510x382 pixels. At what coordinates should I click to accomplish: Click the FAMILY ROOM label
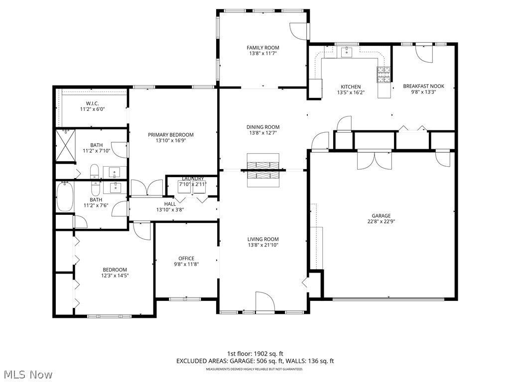(262, 48)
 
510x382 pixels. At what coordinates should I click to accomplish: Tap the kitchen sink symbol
(347, 52)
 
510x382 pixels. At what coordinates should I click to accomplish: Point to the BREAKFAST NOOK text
(423, 86)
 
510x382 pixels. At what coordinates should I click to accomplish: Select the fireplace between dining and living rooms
(263, 170)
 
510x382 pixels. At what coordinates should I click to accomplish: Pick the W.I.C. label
(92, 103)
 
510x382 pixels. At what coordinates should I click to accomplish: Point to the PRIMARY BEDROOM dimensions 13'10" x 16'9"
(170, 141)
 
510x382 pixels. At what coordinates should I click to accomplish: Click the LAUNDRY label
(192, 179)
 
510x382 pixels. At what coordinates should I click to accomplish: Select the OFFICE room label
(186, 258)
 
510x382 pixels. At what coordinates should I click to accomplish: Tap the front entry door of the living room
(265, 302)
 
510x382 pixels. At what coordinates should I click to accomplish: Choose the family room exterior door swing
(299, 32)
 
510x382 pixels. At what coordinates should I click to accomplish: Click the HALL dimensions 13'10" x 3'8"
(170, 210)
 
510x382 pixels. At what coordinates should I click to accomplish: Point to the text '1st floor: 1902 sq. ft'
(255, 354)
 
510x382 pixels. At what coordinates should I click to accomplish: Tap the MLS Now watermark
(28, 374)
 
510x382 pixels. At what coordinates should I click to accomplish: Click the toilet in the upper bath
(95, 173)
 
